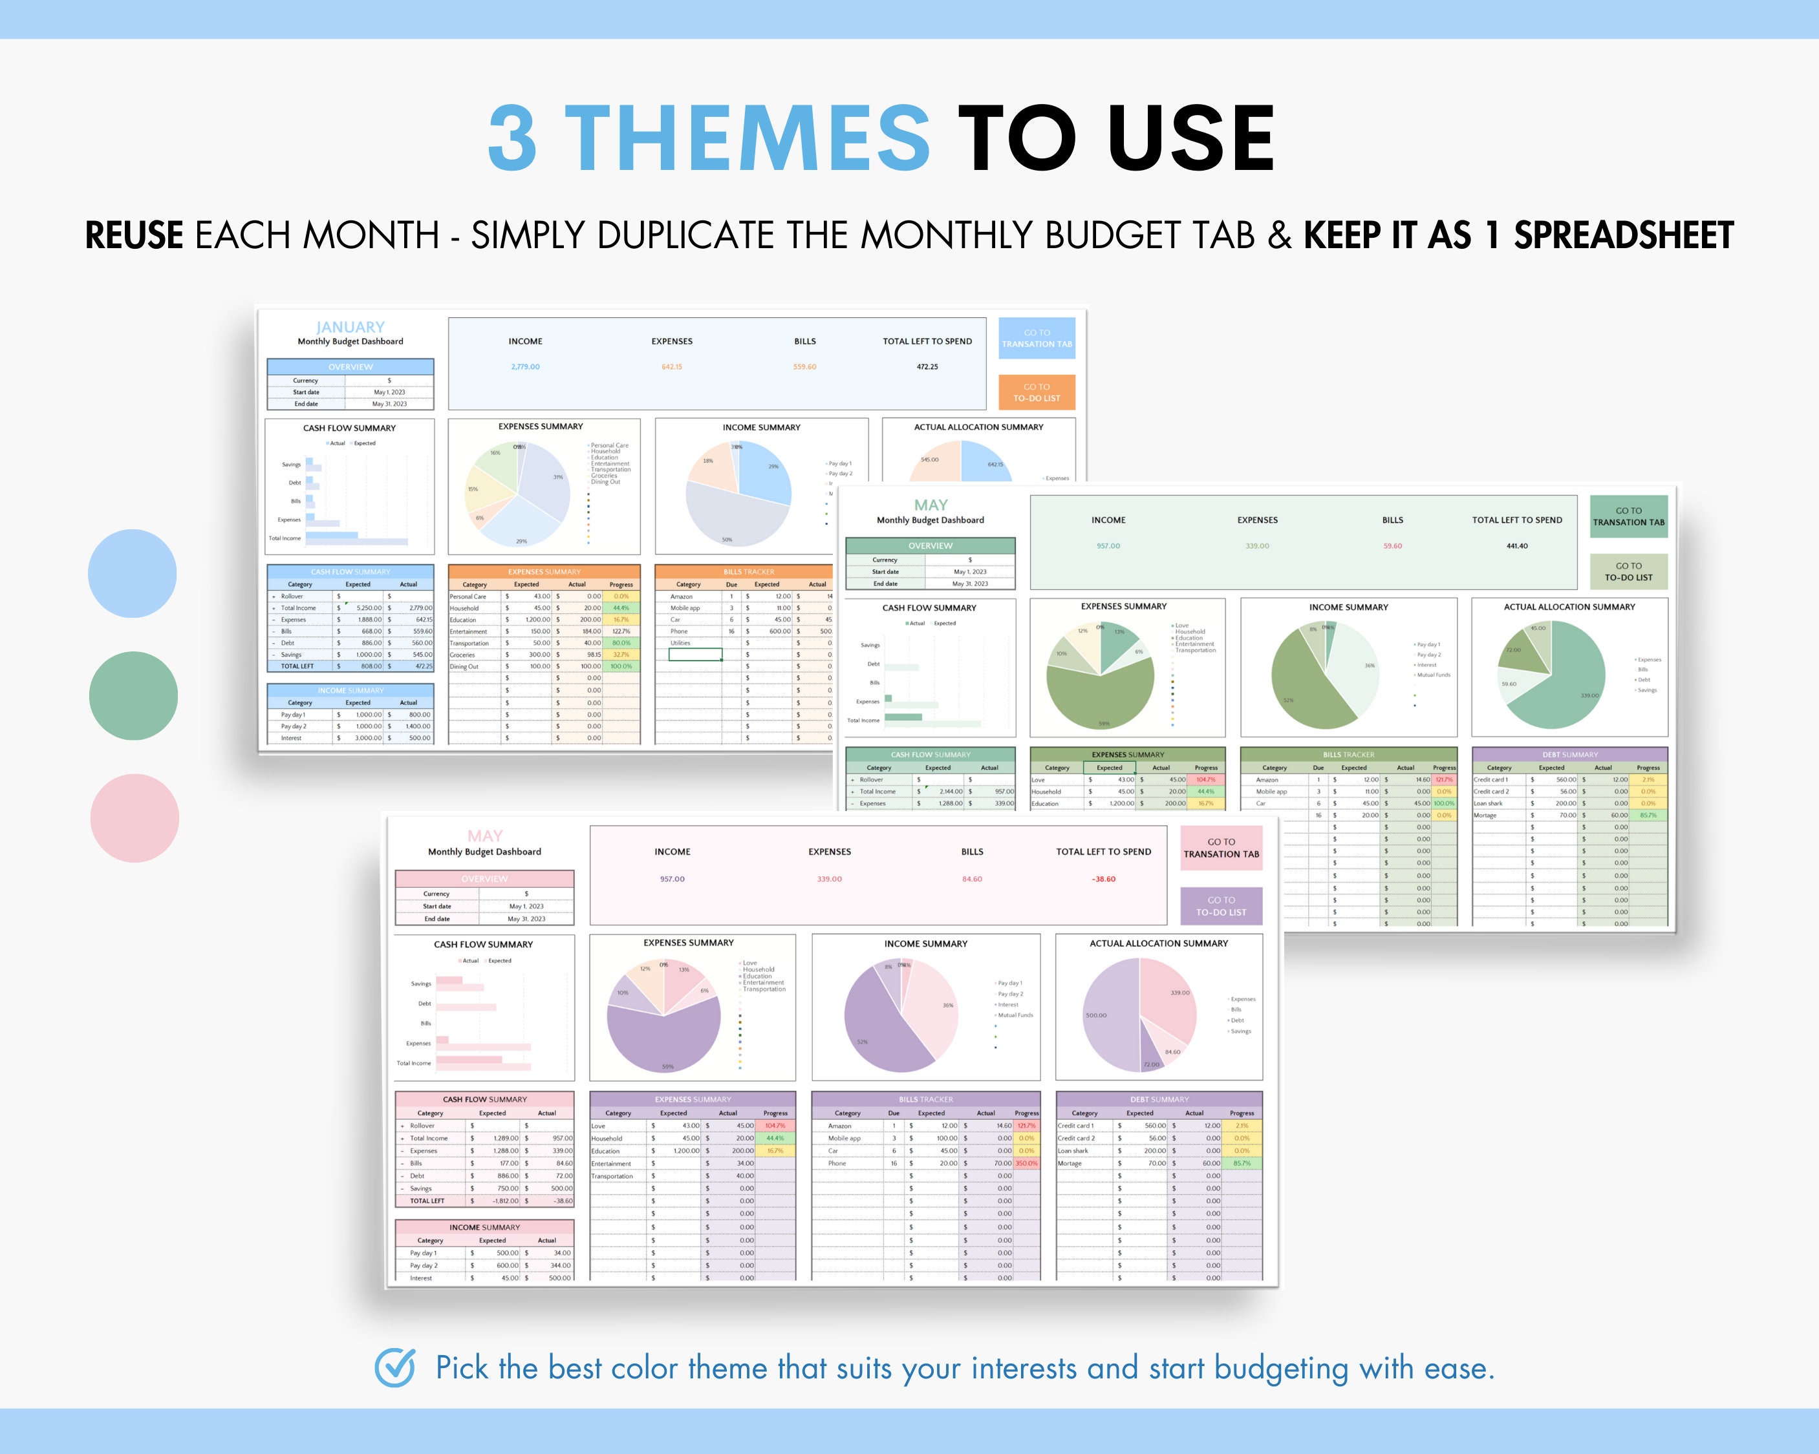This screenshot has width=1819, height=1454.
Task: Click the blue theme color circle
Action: (133, 573)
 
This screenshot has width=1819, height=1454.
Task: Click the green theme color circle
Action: (133, 696)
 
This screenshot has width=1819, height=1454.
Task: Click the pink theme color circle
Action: (134, 818)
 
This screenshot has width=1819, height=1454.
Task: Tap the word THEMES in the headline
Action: (747, 138)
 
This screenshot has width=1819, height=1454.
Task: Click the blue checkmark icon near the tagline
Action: (395, 1367)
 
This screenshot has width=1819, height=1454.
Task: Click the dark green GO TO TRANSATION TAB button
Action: (1628, 516)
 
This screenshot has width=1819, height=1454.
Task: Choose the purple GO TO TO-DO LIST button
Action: (1221, 906)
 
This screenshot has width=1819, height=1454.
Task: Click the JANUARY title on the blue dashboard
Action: (350, 327)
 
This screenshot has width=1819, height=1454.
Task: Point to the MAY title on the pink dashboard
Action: (485, 836)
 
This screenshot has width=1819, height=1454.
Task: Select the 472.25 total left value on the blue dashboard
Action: (927, 367)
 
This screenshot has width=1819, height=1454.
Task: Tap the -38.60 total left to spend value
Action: (1104, 879)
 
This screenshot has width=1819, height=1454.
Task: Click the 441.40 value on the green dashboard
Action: (1517, 545)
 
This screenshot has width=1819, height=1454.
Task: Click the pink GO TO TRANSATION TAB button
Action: (1221, 848)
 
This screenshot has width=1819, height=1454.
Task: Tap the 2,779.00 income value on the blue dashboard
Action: (525, 367)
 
